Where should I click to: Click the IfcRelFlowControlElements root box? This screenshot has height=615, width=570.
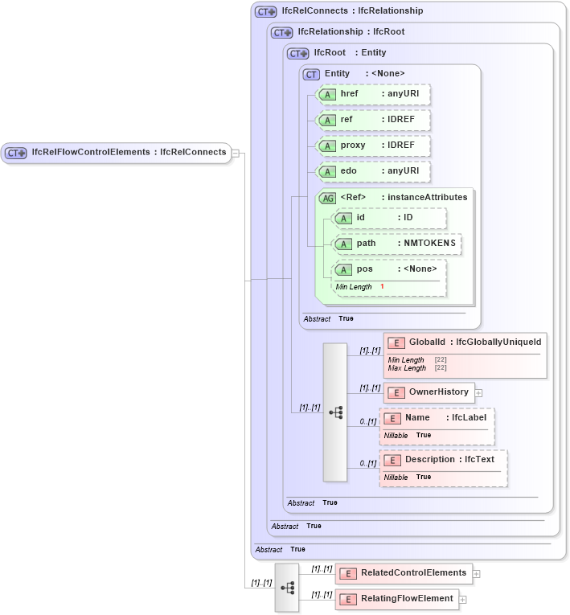pos(117,152)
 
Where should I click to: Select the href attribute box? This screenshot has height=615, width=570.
pos(374,94)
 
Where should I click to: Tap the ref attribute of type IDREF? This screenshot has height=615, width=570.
pos(374,120)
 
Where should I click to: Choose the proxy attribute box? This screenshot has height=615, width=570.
pos(374,146)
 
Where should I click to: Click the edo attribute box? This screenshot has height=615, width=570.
pos(374,171)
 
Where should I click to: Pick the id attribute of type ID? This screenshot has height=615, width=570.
pos(389,218)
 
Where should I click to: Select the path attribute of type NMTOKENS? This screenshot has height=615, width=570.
pos(397,244)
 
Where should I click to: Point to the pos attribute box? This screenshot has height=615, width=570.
pos(389,269)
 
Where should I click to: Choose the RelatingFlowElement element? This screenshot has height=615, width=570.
pos(397,599)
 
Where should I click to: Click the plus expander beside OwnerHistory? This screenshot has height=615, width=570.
pos(479,393)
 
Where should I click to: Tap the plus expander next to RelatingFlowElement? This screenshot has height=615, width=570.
pos(463,600)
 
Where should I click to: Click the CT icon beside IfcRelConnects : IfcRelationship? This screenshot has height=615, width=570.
pos(265,11)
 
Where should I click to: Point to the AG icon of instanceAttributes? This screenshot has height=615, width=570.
pos(327,198)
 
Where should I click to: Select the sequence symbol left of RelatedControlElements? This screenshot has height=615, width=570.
pos(287,588)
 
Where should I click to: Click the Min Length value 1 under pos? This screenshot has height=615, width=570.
pos(382,286)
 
